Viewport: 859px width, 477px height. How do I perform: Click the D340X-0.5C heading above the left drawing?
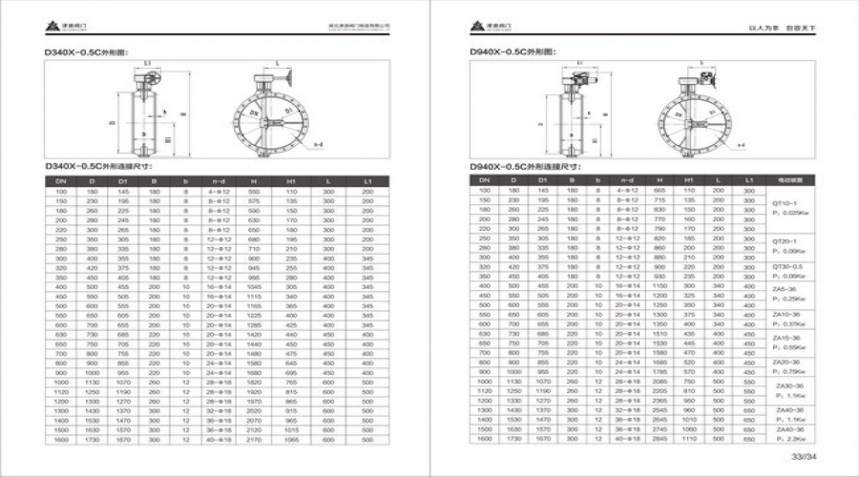pyautogui.click(x=86, y=52)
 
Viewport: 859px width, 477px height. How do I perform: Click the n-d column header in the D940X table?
pyautogui.click(x=626, y=179)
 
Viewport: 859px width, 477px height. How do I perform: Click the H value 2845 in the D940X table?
pyautogui.click(x=659, y=440)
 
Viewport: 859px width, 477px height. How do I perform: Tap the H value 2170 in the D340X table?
pyautogui.click(x=254, y=441)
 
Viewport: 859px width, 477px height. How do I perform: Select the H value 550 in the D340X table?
pyautogui.click(x=254, y=192)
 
